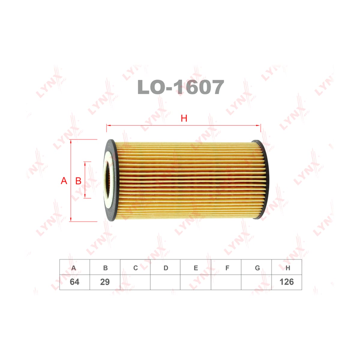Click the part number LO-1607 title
(181, 87)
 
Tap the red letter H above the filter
(184, 118)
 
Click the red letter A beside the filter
(64, 181)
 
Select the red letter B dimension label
(78, 181)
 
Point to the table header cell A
(74, 268)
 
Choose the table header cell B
(105, 268)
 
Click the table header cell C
(135, 268)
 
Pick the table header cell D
(165, 268)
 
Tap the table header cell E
(196, 268)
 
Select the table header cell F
(226, 268)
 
